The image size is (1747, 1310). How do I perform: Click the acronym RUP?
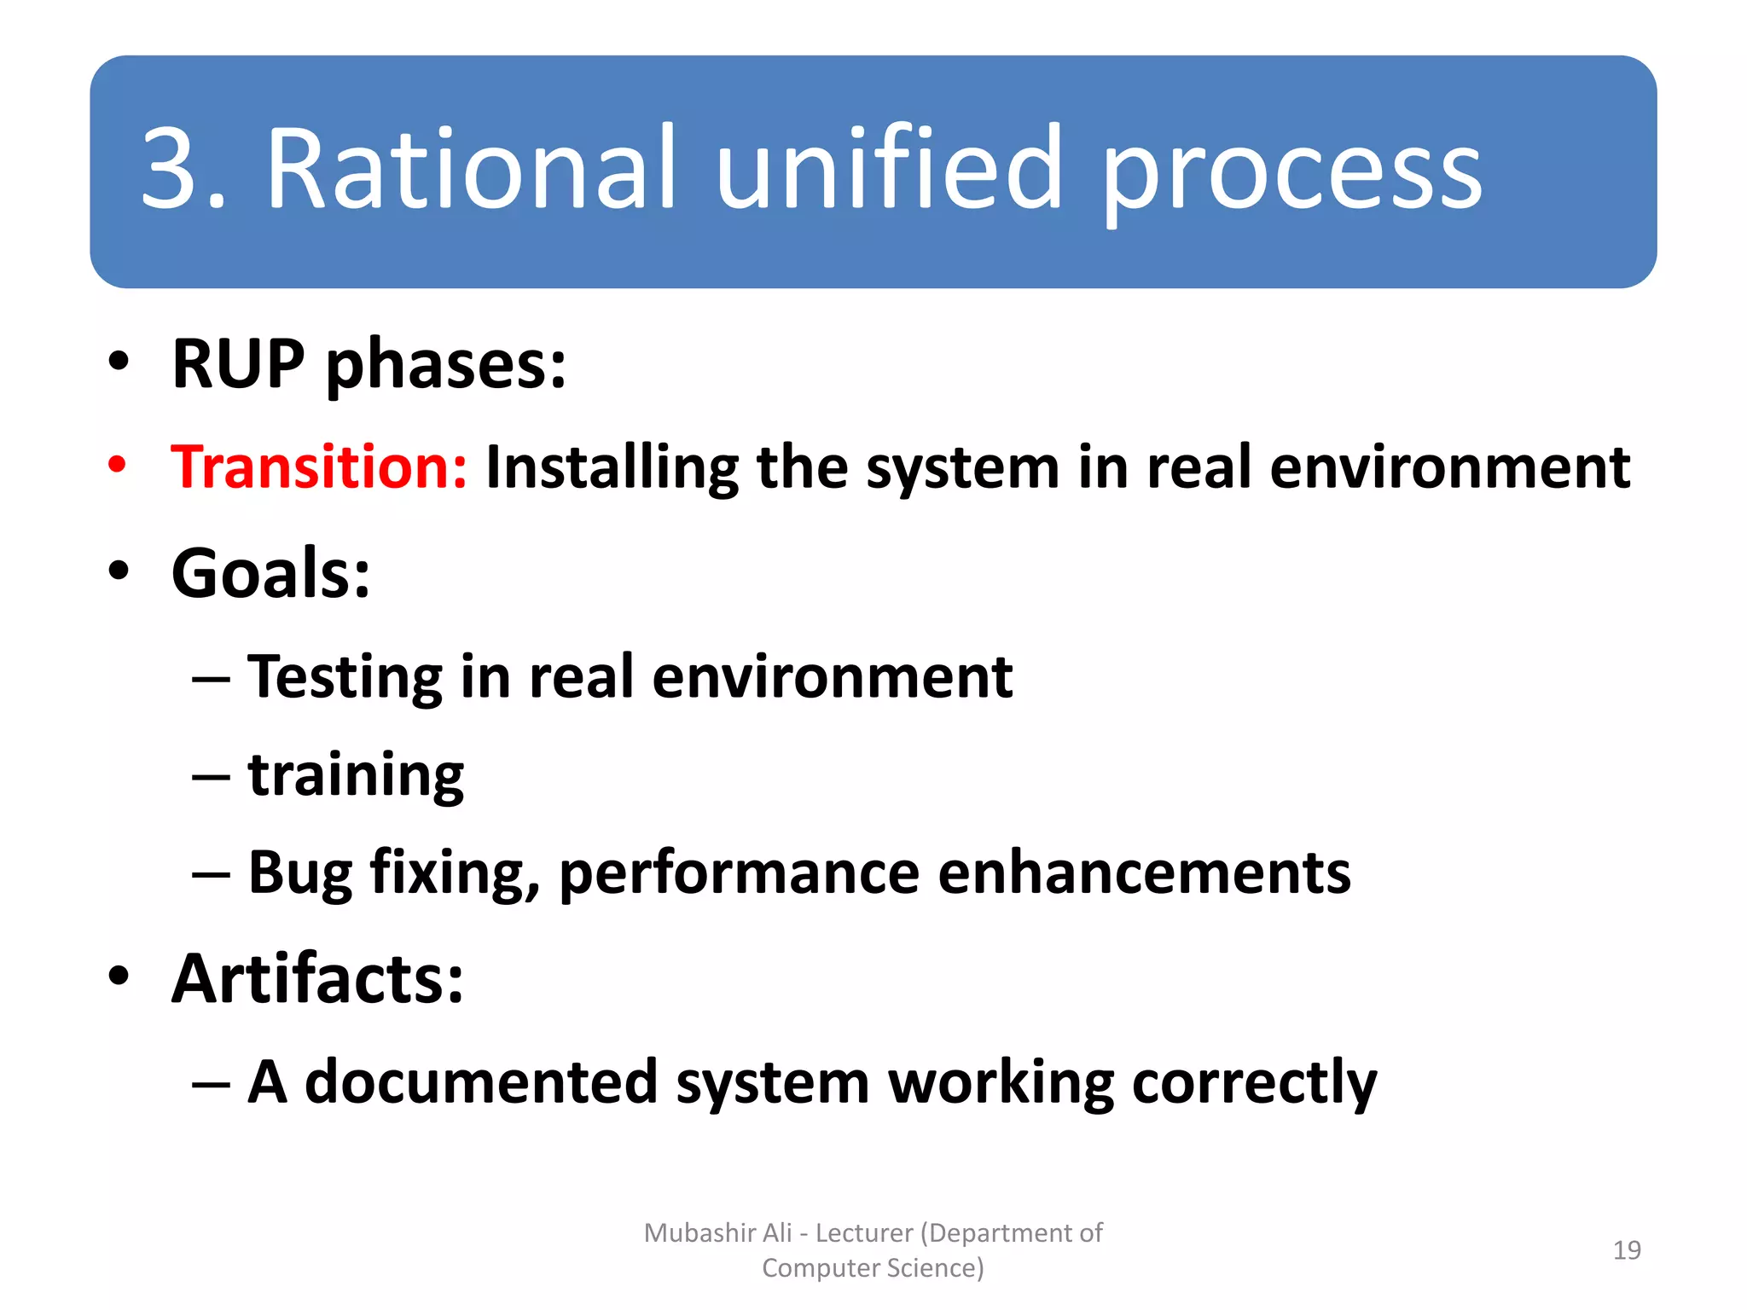pyautogui.click(x=238, y=364)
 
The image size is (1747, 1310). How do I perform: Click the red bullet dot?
pyautogui.click(x=118, y=466)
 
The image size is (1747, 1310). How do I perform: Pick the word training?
pyautogui.click(x=356, y=777)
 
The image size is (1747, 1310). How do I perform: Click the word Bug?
pyautogui.click(x=299, y=874)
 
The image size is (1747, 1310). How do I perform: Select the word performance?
pyautogui.click(x=739, y=874)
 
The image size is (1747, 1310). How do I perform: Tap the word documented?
pyautogui.click(x=481, y=1082)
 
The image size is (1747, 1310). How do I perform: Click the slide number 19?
pyautogui.click(x=1627, y=1250)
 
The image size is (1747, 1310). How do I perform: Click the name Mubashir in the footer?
pyautogui.click(x=699, y=1233)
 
